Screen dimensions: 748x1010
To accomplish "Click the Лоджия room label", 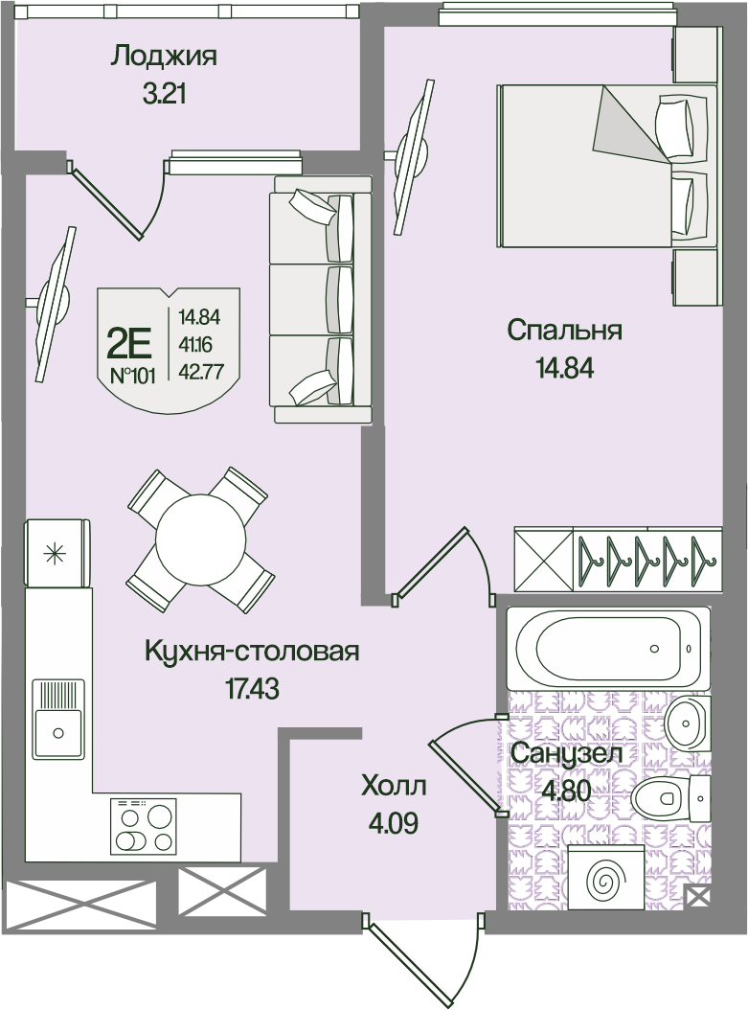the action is coord(164,57).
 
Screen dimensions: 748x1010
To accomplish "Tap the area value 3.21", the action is coord(164,95).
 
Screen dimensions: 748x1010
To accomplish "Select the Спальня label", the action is coord(564,332).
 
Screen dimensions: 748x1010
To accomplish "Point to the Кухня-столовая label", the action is coord(252,652).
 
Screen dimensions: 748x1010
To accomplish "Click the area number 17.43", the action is coord(252,689).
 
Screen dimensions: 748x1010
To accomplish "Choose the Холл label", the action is coord(394,787).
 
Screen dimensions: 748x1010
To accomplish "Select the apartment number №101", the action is coord(132,377).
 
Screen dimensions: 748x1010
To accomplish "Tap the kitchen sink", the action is coord(58,718).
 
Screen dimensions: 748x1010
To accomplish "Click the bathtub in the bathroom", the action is coord(607,648).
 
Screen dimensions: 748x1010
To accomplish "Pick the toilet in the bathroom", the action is coord(670,797).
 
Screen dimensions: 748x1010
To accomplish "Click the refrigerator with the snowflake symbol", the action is coord(56,553).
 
